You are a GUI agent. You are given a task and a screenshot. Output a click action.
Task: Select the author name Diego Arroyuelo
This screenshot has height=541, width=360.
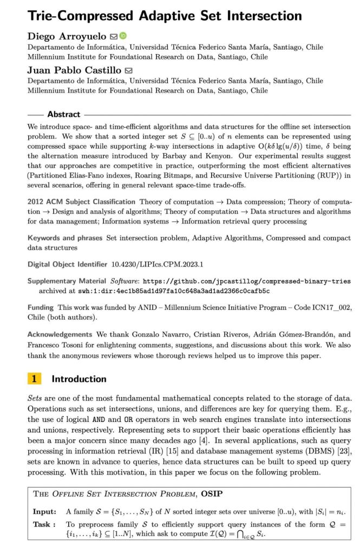tap(67, 37)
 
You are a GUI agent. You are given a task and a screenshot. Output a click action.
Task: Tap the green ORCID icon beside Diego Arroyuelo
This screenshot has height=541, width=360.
tap(123, 36)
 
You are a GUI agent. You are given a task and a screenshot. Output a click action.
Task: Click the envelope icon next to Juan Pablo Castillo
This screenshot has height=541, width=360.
tap(129, 70)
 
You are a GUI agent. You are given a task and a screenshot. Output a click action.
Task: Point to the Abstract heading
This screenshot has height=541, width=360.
tap(63, 114)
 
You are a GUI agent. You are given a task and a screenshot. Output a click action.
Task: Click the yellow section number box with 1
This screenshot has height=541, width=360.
tap(34, 379)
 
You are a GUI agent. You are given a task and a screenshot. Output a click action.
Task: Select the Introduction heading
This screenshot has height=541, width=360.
tap(79, 379)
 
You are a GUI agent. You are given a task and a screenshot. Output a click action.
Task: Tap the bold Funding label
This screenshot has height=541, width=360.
tap(41, 307)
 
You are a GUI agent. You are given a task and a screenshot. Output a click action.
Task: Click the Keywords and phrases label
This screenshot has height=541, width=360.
tap(64, 237)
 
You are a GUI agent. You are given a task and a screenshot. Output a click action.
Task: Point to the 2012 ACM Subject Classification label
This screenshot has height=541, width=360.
tap(81, 202)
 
